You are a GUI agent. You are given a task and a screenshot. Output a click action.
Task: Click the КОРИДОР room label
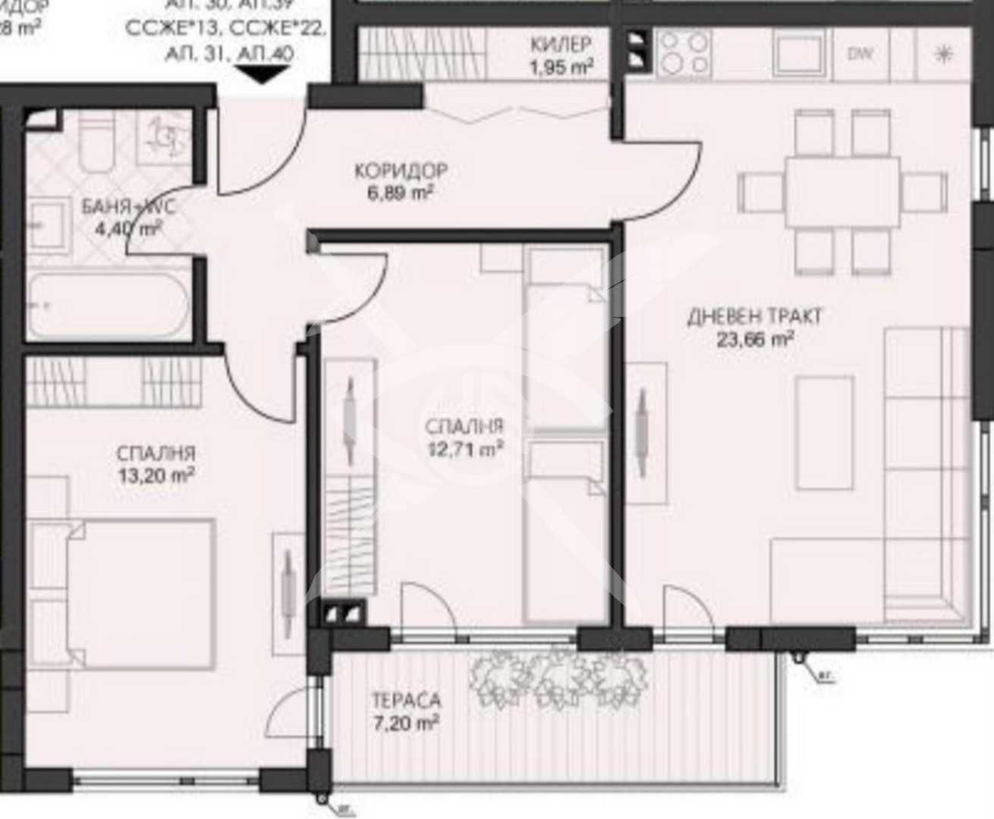coord(400,170)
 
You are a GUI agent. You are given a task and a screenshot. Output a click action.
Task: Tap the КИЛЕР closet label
coord(561,44)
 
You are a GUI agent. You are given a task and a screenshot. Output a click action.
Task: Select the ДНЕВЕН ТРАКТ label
coord(754,316)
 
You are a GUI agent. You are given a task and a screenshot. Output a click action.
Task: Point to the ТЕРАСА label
coord(406,700)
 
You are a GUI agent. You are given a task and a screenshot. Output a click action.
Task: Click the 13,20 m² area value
coord(156,475)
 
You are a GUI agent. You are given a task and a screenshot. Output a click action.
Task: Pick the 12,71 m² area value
coord(465,449)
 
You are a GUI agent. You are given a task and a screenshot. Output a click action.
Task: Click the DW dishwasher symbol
coord(859,54)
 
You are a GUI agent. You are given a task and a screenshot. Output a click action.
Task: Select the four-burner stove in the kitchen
coord(684,53)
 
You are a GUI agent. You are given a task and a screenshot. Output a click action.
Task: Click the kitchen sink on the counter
coord(799,53)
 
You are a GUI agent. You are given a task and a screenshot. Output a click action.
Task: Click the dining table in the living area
coord(841,191)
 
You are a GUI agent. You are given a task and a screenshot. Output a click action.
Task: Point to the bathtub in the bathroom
coord(108,305)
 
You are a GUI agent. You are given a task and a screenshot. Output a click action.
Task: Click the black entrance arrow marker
coord(263,75)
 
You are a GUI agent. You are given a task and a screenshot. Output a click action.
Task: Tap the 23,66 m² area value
coord(754,339)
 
